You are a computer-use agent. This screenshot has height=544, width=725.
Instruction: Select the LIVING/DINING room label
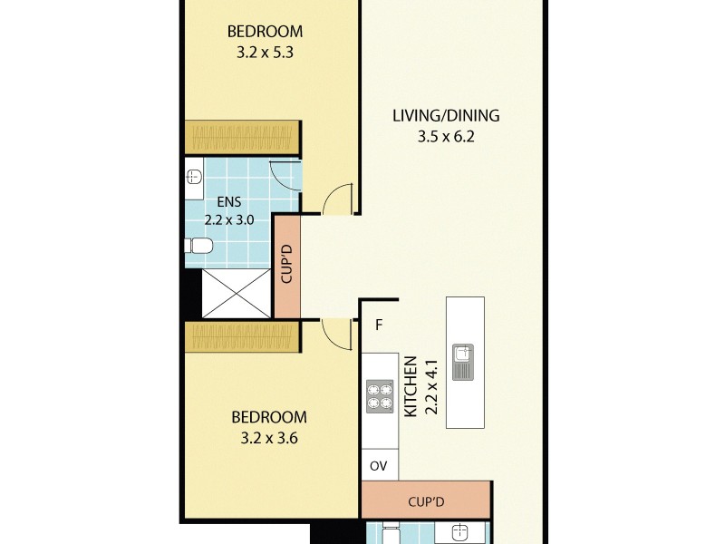coord(446,116)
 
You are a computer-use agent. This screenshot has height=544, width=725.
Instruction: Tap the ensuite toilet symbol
coord(198,246)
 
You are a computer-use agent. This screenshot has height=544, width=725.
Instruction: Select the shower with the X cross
coord(236,293)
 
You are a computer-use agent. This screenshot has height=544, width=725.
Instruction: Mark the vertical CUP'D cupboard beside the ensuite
coord(286,266)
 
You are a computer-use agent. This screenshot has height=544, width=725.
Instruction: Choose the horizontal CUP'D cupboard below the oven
coord(426,500)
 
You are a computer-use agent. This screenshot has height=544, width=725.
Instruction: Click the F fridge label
coord(380,325)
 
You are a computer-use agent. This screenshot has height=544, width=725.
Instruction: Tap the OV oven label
coord(379,466)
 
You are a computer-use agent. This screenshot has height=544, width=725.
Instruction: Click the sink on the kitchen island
coord(464,362)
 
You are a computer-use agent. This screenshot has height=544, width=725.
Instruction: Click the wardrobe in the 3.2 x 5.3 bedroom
coord(242,137)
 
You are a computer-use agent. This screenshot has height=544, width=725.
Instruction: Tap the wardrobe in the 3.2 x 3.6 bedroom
coord(242,338)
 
